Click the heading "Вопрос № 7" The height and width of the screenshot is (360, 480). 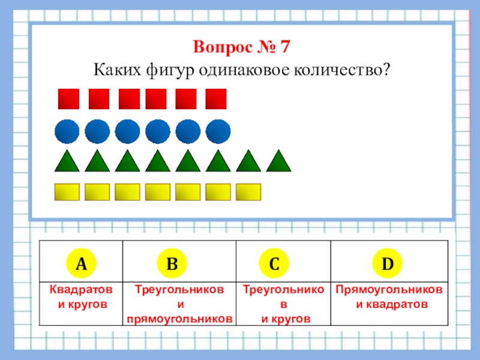[242, 46]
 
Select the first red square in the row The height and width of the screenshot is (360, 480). [68, 99]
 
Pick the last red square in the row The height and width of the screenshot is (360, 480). [216, 99]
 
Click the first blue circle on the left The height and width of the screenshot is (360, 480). [67, 131]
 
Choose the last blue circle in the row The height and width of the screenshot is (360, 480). [218, 131]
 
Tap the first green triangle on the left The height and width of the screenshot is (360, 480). [67, 161]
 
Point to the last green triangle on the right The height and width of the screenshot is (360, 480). [278, 161]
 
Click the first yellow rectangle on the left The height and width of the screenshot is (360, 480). [67, 191]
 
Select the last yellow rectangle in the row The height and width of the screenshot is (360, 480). [248, 191]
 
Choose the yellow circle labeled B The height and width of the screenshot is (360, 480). [172, 263]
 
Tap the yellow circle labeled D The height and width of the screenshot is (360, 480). [388, 263]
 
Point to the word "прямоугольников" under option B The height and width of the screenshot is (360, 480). [179, 319]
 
